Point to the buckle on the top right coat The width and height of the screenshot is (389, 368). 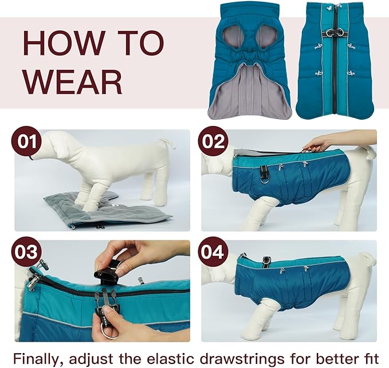click(x=332, y=31)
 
